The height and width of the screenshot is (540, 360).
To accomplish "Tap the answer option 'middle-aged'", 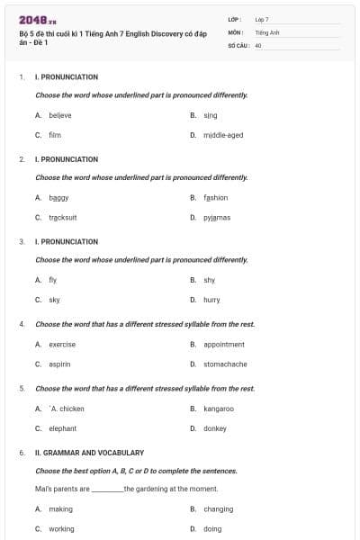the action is [x=223, y=135].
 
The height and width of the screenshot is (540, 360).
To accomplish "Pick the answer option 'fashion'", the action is [x=216, y=197].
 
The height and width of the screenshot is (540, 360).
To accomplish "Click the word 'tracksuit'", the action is [x=63, y=217].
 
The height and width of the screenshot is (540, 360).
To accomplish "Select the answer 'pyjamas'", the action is [x=217, y=217].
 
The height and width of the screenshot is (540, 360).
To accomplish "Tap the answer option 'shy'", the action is [x=210, y=280].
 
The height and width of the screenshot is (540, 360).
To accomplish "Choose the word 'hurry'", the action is [x=211, y=300].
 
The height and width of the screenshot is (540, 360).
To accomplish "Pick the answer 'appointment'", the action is [x=224, y=344].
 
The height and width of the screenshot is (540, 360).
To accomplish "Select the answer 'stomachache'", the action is [x=225, y=364].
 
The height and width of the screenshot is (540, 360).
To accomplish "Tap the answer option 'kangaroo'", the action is [x=219, y=409].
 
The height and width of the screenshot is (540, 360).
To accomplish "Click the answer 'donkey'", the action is [x=214, y=428].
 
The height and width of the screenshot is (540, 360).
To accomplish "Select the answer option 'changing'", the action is [x=218, y=508].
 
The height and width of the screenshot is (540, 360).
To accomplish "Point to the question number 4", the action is [x=22, y=324].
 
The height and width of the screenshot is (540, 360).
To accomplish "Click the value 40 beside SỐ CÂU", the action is [x=258, y=44].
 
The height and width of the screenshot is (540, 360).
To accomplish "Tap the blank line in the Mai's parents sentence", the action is [x=107, y=490].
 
